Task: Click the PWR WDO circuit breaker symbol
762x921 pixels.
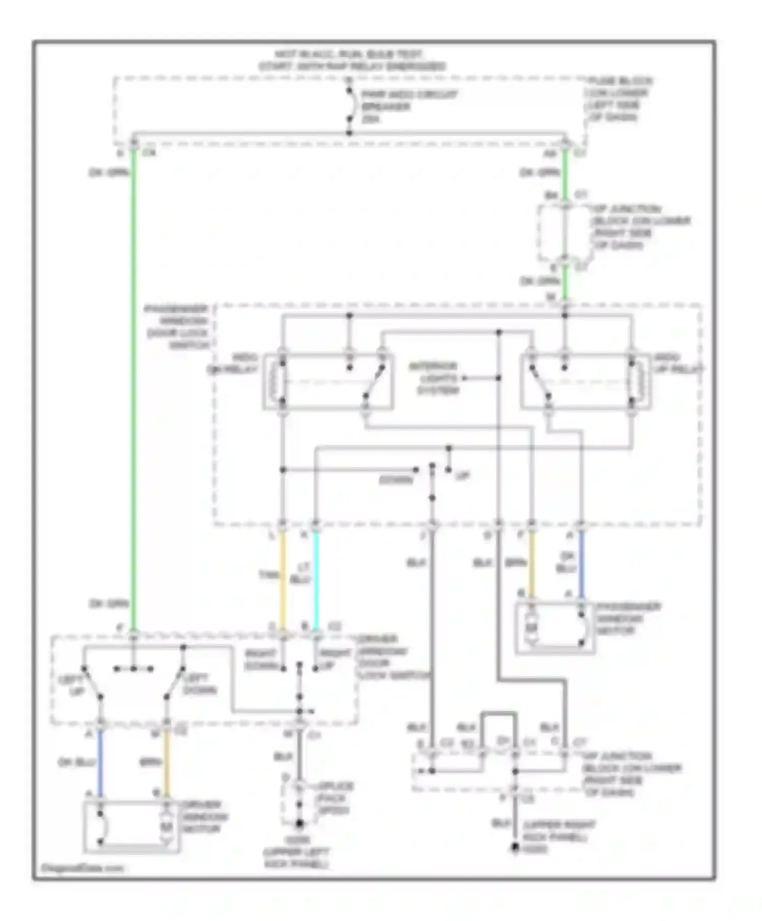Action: [350, 106]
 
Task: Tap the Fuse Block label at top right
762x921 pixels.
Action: [619, 99]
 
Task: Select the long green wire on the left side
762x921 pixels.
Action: [134, 386]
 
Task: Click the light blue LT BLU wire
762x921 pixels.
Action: [315, 579]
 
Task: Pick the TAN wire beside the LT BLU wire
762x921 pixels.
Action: [283, 579]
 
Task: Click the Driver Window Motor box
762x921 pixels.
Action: [132, 826]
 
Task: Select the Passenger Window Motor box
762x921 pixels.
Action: [555, 628]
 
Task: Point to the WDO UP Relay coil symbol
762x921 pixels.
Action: [637, 380]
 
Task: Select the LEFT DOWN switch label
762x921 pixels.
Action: [200, 684]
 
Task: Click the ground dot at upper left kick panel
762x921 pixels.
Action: [299, 823]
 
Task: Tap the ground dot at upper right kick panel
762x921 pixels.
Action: [515, 847]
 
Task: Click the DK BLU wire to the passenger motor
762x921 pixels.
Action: [581, 564]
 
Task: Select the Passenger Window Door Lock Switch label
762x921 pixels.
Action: [178, 327]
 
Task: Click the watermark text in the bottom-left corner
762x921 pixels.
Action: [82, 868]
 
